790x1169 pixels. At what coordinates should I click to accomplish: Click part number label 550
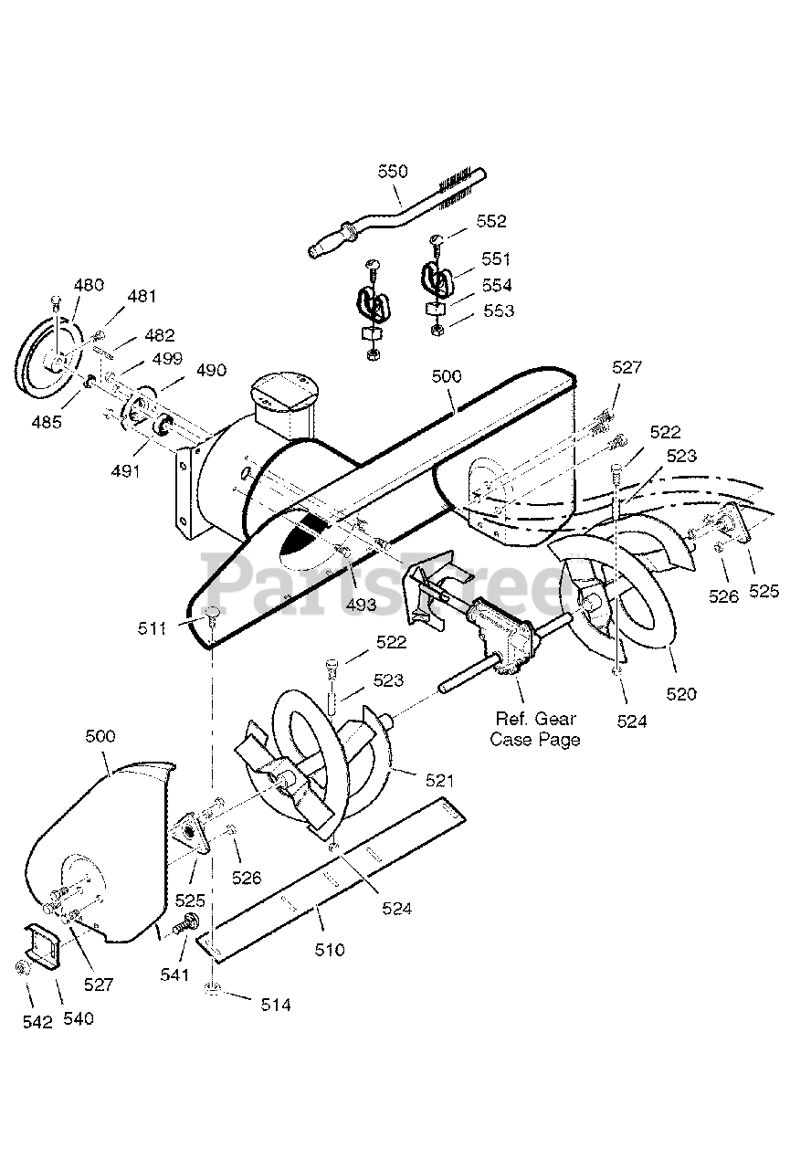[x=393, y=172]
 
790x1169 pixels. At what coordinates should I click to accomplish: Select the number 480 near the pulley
[x=89, y=285]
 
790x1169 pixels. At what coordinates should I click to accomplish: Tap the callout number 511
[x=152, y=628]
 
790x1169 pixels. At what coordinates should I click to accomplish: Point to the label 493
[x=361, y=605]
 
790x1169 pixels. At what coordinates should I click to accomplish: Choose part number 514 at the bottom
[x=276, y=1005]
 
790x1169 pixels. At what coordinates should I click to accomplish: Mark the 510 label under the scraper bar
[x=330, y=950]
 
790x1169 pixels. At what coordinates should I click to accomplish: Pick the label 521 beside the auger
[x=440, y=781]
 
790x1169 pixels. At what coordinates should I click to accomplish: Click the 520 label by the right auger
[x=681, y=694]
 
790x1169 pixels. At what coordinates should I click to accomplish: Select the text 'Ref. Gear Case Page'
[x=535, y=729]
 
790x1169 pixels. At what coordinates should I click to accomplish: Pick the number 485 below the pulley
[x=47, y=422]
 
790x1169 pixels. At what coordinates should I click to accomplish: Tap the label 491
[x=126, y=471]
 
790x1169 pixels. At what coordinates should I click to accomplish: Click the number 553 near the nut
[x=499, y=311]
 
